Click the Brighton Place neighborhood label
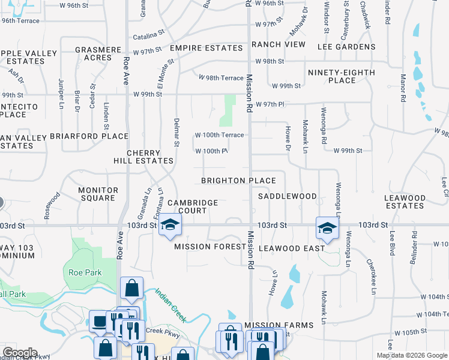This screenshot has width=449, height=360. pos(238,181)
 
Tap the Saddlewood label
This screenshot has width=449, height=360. pos(287,196)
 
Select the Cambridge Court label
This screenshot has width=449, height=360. pos(192,206)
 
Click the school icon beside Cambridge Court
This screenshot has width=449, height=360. pos(170,226)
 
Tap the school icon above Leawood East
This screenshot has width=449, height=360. pos(327,228)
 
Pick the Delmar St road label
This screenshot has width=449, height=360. pos(177,132)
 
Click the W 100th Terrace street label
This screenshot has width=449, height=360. pos(219,135)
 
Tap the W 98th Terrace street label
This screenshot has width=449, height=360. pos(221,77)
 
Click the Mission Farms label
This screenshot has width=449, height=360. pos(279,325)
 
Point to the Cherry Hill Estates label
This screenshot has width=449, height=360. pos(143,157)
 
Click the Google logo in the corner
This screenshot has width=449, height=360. pos(19,353)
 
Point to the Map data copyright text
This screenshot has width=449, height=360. pos(411,355)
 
